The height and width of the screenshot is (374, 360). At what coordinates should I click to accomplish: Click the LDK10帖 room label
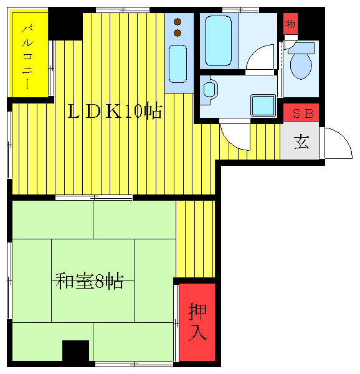click(115, 112)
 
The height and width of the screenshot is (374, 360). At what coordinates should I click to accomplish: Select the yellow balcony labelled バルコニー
click(29, 56)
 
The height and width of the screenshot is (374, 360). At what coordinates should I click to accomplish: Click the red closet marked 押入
click(197, 322)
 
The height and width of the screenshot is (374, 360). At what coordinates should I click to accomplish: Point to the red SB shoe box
click(301, 113)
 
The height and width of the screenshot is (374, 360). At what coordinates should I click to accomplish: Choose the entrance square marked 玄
click(300, 142)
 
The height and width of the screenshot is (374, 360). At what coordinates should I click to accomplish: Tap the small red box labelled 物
click(290, 25)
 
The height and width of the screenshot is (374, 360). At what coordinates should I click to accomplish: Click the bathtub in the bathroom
click(218, 40)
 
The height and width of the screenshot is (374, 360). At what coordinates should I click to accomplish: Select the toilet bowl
click(301, 65)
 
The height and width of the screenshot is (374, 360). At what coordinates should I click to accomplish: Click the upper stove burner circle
click(178, 21)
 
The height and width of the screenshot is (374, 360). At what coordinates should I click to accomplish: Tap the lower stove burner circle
click(178, 32)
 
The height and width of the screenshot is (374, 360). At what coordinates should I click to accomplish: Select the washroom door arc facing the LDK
click(235, 135)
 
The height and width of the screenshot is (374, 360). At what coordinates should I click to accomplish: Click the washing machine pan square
click(263, 105)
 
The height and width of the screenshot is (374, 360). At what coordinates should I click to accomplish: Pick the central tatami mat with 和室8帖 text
click(92, 280)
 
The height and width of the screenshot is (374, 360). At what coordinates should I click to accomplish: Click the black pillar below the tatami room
click(76, 351)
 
